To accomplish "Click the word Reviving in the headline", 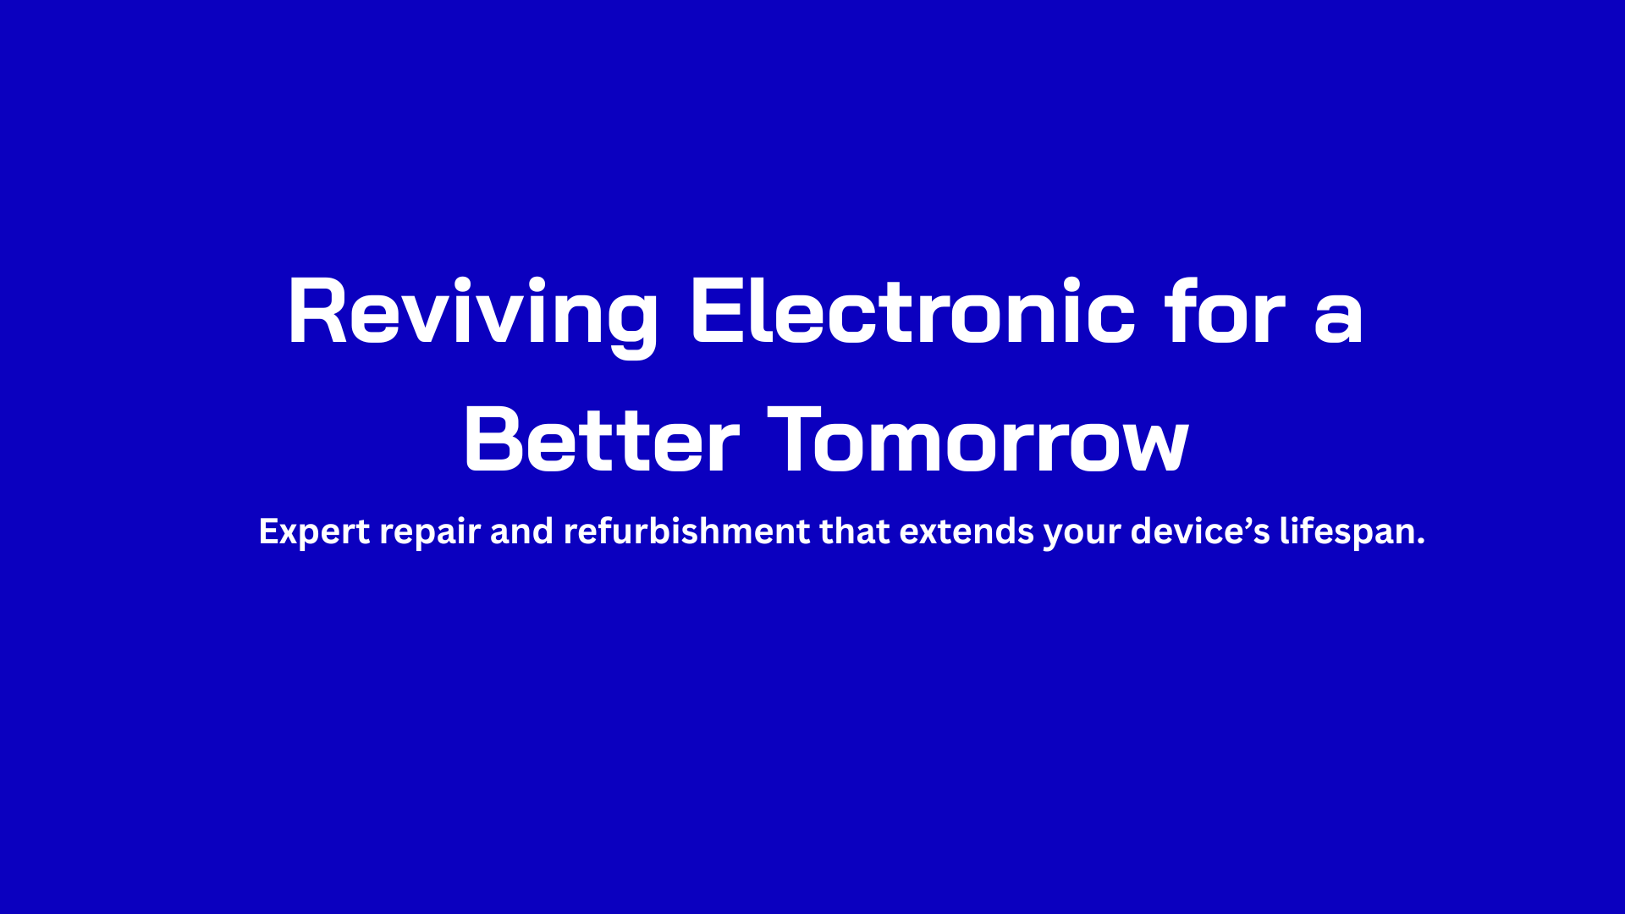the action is click(473, 312).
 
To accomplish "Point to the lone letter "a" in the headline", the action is click(1338, 319).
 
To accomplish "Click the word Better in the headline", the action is click(602, 439).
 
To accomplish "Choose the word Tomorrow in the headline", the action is click(978, 439).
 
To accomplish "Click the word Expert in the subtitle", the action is click(314, 531).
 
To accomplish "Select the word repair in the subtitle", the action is click(430, 533).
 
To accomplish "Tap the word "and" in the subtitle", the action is click(521, 531).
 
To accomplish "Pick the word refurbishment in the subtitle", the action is click(686, 531).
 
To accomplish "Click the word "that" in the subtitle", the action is click(855, 531).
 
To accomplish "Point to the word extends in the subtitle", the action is click(967, 531).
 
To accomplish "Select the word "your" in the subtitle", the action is click(1082, 534).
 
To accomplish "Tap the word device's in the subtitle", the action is click(1200, 531).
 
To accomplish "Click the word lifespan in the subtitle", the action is click(1346, 532).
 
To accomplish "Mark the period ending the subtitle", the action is click(1420, 541).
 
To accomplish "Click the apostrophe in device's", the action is click(1249, 522).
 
